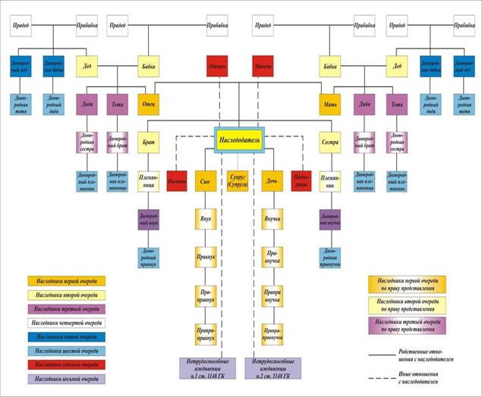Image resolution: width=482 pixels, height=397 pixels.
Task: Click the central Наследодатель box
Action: pos(241,140)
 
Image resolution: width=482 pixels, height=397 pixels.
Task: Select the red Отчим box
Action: pos(218,67)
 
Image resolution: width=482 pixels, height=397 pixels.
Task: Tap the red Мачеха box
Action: pos(263,67)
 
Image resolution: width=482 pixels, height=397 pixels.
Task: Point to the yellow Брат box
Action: pos(148,142)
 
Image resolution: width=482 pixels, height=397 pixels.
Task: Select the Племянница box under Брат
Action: pos(148,181)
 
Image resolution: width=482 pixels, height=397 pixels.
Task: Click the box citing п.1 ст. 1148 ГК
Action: pos(207,367)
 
